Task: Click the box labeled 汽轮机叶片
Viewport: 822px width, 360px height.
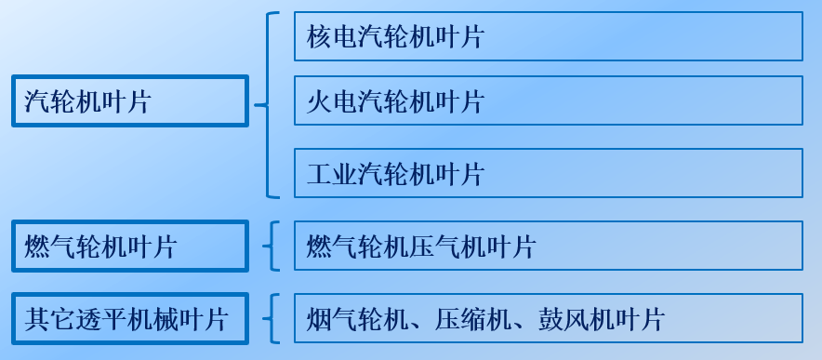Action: tap(129, 100)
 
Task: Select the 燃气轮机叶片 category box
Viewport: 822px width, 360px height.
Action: tap(129, 246)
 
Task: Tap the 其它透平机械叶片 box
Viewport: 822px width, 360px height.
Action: tap(129, 318)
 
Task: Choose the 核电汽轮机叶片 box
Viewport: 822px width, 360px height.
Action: tap(548, 36)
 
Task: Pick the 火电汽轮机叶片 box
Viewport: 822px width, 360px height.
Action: tap(548, 100)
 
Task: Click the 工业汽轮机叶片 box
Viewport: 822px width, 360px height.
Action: tap(548, 173)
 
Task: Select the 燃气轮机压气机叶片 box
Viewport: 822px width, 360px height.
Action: tap(548, 246)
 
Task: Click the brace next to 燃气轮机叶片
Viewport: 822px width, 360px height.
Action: tap(270, 246)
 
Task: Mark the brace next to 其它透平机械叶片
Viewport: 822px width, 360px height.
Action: tap(270, 318)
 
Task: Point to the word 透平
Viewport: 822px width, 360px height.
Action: tap(105, 319)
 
